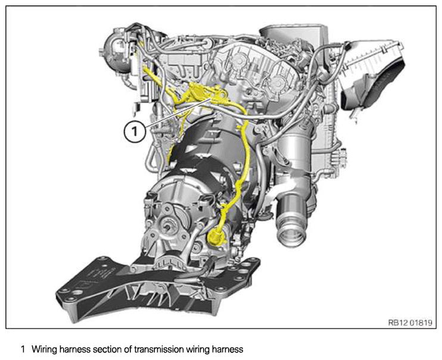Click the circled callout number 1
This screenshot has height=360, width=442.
point(135,131)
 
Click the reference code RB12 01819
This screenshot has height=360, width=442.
point(410,323)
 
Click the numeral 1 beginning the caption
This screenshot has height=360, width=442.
point(23,349)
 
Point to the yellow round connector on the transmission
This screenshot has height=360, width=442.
point(216,236)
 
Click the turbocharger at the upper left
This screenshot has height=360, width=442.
point(119,53)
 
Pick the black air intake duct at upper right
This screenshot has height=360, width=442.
point(372,84)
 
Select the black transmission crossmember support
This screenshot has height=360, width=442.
point(158,287)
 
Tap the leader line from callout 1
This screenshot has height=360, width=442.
point(177,112)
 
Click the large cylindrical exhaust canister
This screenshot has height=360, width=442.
point(293,158)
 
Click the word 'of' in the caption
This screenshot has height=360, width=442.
point(128,349)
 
